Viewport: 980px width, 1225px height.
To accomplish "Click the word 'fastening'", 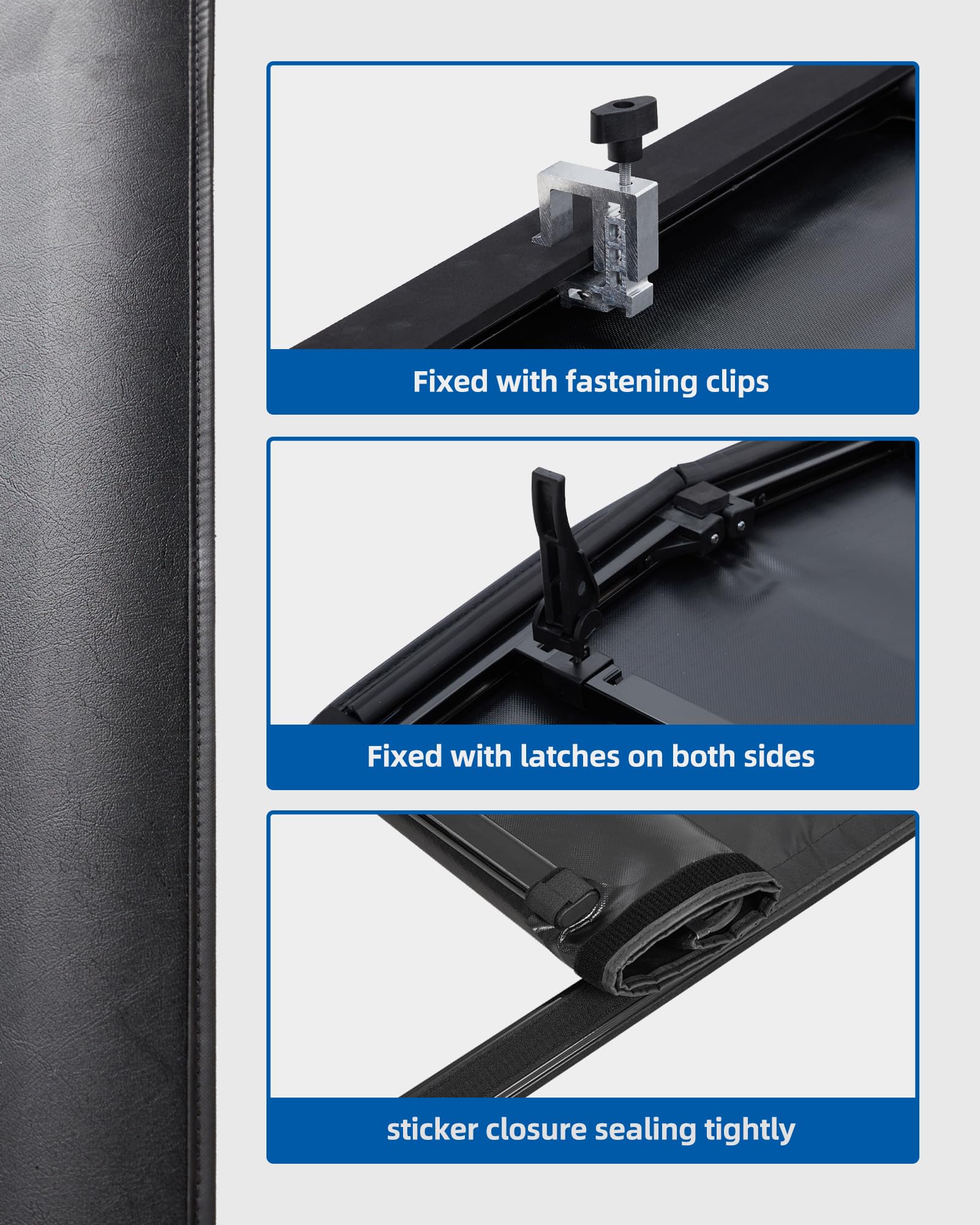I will tap(630, 383).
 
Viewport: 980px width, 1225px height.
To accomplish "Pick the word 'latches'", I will tap(570, 757).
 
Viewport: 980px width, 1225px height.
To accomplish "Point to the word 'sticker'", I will tap(432, 1130).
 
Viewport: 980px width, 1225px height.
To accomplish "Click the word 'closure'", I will tap(536, 1130).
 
